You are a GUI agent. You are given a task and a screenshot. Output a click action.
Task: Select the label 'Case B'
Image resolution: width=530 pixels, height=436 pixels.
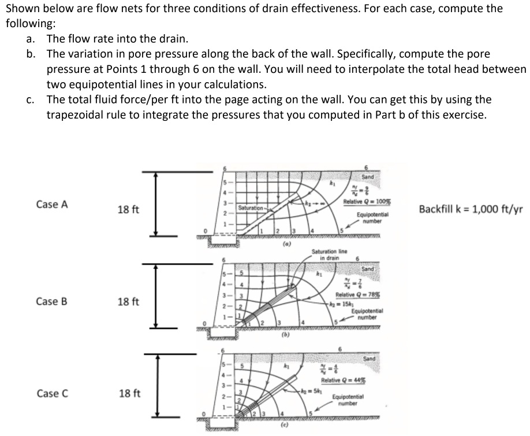pyautogui.click(x=52, y=301)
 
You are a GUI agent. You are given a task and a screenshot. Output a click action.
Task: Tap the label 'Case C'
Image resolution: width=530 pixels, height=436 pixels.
pyautogui.click(x=52, y=394)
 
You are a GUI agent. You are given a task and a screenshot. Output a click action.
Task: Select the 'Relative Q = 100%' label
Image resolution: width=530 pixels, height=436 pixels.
pyautogui.click(x=364, y=202)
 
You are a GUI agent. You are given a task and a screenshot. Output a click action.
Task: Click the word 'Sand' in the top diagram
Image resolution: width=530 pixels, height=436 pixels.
pyautogui.click(x=367, y=176)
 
